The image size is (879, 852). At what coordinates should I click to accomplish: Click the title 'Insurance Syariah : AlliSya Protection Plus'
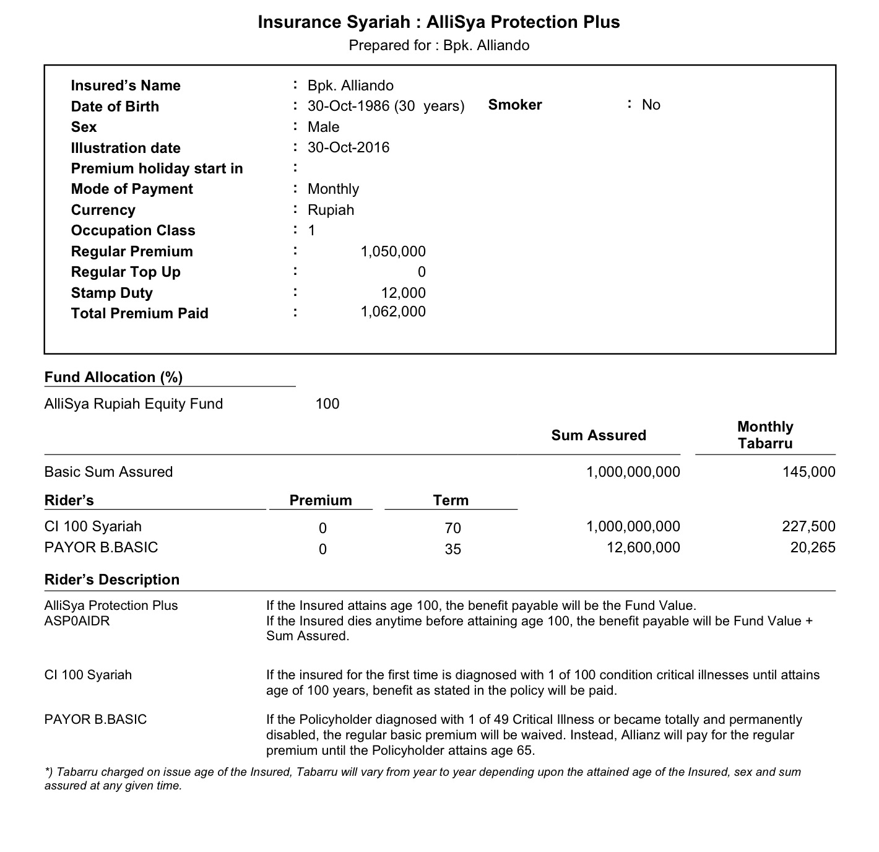click(x=438, y=22)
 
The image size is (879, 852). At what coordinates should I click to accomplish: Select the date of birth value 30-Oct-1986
click(x=349, y=106)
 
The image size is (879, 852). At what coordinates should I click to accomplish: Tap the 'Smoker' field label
click(x=514, y=105)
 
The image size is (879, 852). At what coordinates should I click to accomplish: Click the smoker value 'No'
click(x=651, y=105)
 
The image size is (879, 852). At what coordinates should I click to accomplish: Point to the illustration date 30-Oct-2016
click(x=349, y=147)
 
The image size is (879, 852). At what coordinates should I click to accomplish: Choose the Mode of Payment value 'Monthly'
click(x=333, y=189)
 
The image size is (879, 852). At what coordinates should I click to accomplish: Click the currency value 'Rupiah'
click(x=331, y=210)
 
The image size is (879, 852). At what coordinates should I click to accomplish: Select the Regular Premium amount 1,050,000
click(x=393, y=251)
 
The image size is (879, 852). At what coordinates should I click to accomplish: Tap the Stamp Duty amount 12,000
click(x=403, y=293)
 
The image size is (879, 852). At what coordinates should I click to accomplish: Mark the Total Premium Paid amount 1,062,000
click(x=393, y=311)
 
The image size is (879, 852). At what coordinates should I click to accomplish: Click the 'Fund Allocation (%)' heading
click(x=113, y=377)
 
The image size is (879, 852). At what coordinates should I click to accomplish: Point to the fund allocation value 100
click(x=327, y=404)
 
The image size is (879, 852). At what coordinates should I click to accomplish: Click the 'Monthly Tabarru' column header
click(x=765, y=435)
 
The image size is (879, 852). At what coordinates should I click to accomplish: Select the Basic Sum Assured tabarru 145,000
click(x=808, y=472)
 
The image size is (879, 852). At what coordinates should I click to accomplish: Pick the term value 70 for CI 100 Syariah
click(x=452, y=528)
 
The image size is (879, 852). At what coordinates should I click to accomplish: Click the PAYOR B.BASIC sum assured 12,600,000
click(x=643, y=547)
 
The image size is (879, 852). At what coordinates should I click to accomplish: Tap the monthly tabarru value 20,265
click(x=813, y=547)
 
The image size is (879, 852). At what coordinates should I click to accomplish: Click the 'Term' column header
click(x=451, y=500)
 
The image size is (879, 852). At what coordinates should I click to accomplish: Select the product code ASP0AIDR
click(x=77, y=620)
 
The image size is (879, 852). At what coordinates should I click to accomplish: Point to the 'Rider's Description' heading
click(x=112, y=580)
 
